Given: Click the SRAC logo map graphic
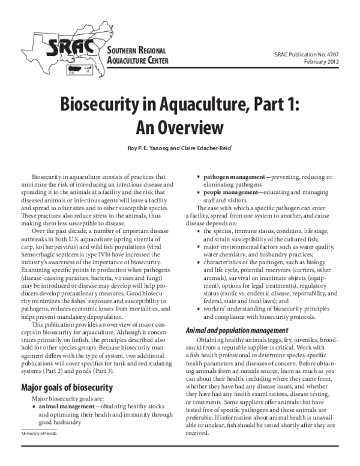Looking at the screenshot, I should pyautogui.click(x=57, y=50).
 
